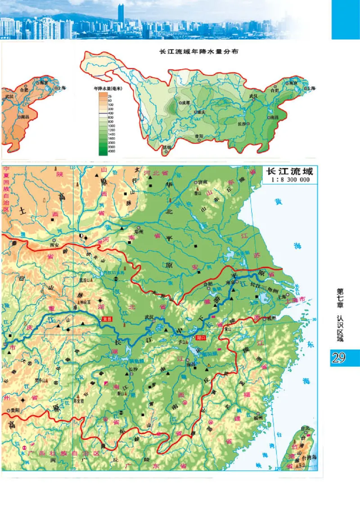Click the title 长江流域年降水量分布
click(199, 51)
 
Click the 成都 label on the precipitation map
click(185, 103)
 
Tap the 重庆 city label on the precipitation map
click(200, 112)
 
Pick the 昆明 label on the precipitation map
click(167, 147)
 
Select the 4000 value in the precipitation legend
click(111, 152)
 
